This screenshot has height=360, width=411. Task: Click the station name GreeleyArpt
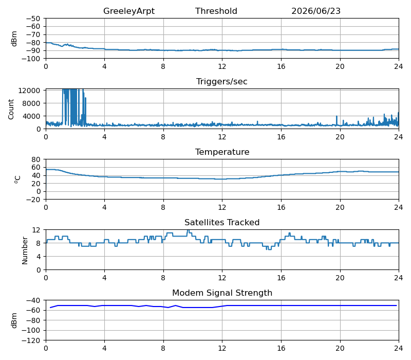[x=129, y=11]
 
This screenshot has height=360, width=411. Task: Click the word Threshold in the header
[x=216, y=11]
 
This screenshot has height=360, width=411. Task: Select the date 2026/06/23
[x=316, y=11]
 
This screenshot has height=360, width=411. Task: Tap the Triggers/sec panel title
[x=222, y=81]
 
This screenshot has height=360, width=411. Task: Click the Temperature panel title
[x=222, y=152]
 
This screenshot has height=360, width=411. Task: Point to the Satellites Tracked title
[x=222, y=222]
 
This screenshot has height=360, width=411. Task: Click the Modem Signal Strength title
[x=222, y=293]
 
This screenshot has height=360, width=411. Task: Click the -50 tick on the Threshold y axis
[x=33, y=19]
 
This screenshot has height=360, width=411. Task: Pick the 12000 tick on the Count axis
[x=29, y=91]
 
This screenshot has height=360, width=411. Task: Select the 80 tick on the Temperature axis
[x=36, y=159]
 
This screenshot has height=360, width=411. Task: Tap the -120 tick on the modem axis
[x=31, y=340]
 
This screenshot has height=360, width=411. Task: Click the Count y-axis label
[x=11, y=109]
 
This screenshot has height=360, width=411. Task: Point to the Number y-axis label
[x=25, y=250]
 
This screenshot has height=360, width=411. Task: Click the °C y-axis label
[x=17, y=179]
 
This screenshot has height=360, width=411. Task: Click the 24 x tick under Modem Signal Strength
[x=399, y=349]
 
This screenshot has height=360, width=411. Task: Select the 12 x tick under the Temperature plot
[x=222, y=208]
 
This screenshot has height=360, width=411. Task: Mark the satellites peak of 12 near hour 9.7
[x=188, y=230]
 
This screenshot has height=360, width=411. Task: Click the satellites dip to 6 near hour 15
[x=269, y=249]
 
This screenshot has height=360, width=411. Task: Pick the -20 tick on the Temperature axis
[x=33, y=200]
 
